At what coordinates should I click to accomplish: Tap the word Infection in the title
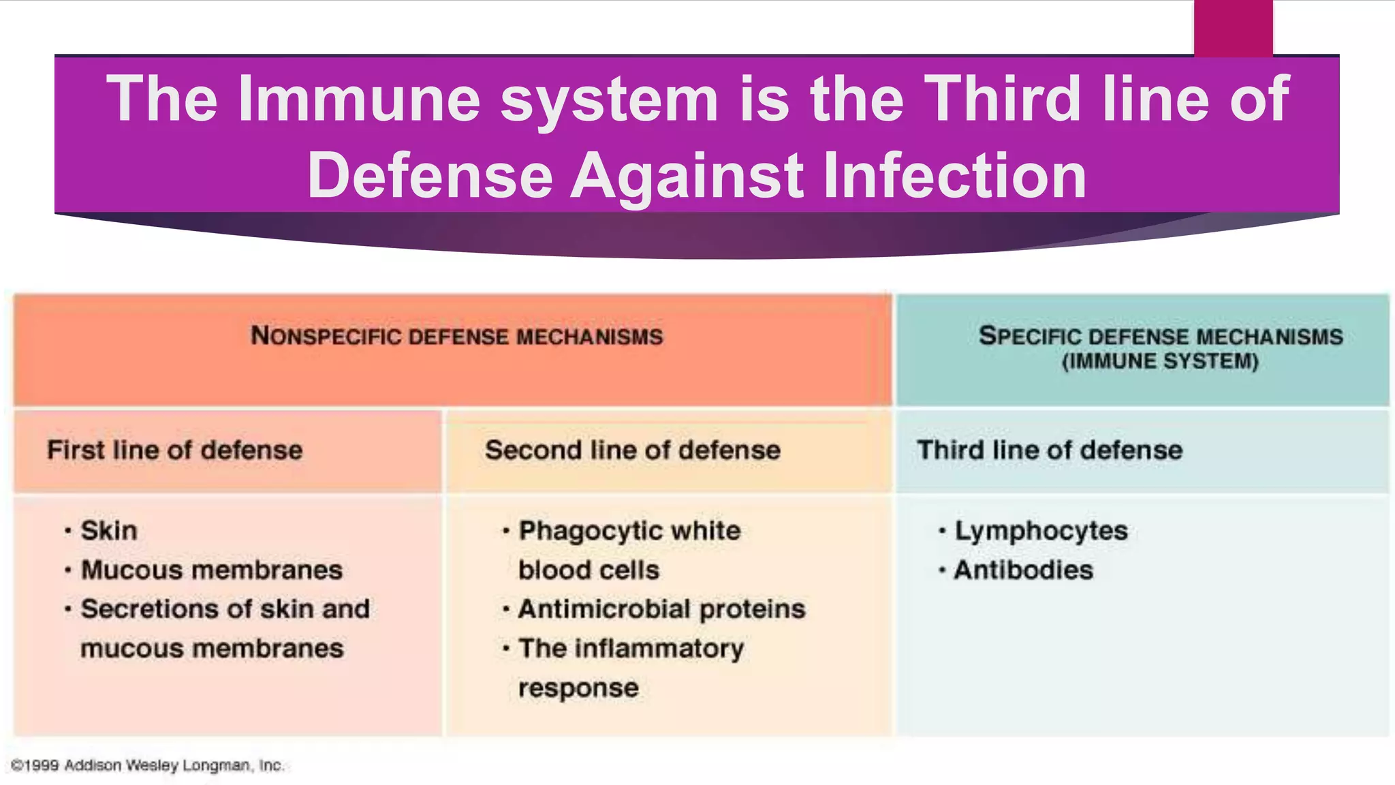coord(955,176)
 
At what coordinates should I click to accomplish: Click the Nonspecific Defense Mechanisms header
coord(456,336)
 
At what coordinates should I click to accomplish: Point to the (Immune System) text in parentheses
coord(1160,361)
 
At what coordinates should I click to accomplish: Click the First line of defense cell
coord(174,450)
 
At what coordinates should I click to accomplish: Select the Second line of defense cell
coord(632,450)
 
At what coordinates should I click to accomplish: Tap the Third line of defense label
coord(1050,450)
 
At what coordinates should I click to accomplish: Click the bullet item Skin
coord(109,531)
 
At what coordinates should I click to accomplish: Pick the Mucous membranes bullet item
coord(211,570)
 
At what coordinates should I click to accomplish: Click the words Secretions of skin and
coord(225,609)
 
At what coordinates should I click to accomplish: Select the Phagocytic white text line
coord(629,531)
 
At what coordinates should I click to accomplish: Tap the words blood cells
coord(589,570)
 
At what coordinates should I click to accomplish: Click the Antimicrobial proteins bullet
coord(661,609)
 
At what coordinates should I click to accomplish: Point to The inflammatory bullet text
coord(631,649)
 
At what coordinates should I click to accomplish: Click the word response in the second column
coord(578,688)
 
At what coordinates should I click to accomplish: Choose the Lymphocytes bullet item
coord(1041,531)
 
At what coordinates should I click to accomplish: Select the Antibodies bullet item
coord(1023,570)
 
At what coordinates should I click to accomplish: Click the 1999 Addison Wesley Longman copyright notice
coord(147,766)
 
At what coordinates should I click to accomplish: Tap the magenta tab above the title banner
coord(1233,27)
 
